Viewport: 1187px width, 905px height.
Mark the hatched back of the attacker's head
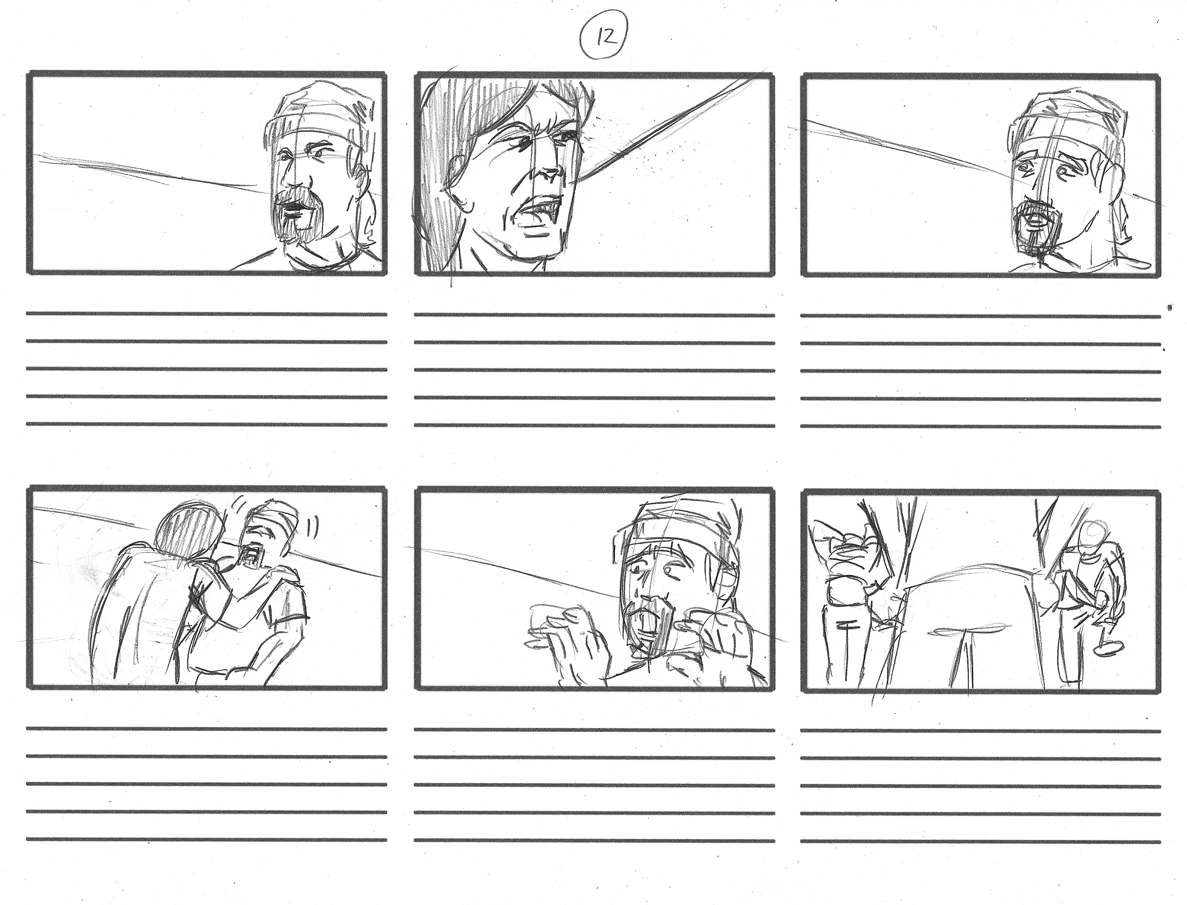(186, 531)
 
